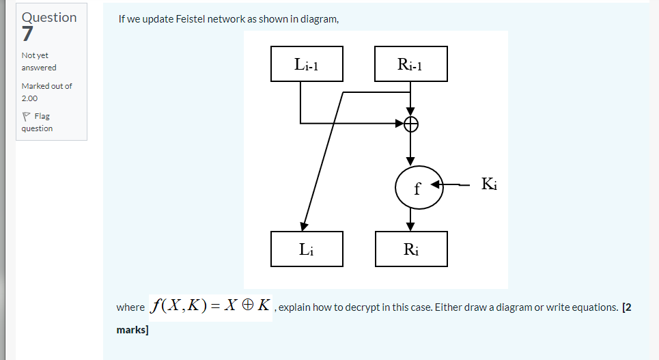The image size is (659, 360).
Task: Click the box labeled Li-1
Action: coord(307,64)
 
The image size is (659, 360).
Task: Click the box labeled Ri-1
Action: coord(411,64)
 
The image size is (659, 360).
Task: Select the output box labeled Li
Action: coord(307,249)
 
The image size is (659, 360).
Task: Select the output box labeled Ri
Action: coord(411,249)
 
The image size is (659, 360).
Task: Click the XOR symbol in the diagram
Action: coord(410,124)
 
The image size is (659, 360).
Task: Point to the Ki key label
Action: coord(489,184)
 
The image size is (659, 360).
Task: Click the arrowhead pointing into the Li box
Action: coord(303,225)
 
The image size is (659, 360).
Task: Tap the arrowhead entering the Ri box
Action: coord(410,226)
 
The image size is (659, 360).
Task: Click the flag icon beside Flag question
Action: coord(26,116)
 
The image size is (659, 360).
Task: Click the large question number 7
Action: coord(27,34)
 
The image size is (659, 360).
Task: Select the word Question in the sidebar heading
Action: coord(49,17)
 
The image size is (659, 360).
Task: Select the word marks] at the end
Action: coord(132,331)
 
